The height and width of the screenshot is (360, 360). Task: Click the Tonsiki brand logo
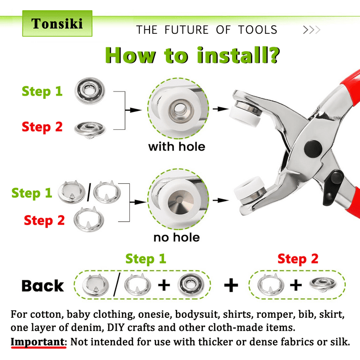[57, 23]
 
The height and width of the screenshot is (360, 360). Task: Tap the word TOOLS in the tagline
[258, 30]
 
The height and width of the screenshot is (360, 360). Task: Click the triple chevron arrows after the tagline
[312, 30]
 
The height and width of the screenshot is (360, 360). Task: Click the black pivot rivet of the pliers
[313, 149]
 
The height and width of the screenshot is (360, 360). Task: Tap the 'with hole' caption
[177, 147]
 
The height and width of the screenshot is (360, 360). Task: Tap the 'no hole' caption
[177, 237]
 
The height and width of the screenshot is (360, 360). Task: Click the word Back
[43, 286]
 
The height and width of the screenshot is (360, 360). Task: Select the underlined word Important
[38, 342]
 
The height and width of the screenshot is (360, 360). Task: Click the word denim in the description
[87, 327]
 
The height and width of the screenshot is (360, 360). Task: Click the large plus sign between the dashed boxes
[231, 285]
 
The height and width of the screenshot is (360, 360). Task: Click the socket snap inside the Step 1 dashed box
[191, 285]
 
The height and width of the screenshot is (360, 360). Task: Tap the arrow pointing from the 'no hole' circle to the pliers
[220, 201]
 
